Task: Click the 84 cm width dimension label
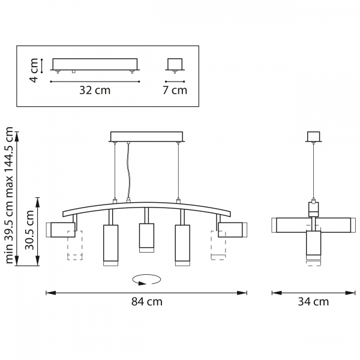[x=147, y=301]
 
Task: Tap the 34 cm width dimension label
[x=313, y=301]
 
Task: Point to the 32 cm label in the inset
[x=95, y=90]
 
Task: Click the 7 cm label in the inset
[x=175, y=90]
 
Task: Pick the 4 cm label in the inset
[x=34, y=70]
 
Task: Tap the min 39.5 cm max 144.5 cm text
[x=9, y=195]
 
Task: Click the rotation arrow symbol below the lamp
[x=146, y=280]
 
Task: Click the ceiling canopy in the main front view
[x=147, y=136]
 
